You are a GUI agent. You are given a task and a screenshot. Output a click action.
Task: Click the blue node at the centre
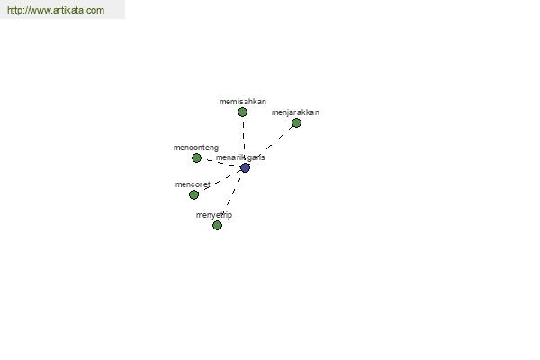click(245, 168)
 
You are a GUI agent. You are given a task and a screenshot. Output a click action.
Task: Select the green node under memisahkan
click(242, 112)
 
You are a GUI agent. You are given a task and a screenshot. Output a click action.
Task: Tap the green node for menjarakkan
click(296, 122)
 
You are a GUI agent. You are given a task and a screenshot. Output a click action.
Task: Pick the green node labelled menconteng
click(196, 157)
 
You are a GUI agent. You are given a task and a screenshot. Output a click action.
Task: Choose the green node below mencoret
click(193, 194)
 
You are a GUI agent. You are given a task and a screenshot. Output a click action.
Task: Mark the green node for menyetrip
click(217, 225)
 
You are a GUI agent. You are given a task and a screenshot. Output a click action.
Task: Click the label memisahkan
click(243, 102)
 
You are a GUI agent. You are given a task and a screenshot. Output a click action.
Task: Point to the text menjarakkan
click(295, 112)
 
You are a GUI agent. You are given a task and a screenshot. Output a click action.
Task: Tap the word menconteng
click(196, 148)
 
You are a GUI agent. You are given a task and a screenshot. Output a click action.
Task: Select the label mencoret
click(193, 184)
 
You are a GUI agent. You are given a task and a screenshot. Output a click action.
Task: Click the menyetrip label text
click(214, 215)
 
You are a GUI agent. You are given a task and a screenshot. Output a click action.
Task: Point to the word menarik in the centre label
click(229, 157)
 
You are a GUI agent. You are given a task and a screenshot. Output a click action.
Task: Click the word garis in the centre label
click(256, 157)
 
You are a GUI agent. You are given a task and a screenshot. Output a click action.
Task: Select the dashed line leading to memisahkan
click(244, 140)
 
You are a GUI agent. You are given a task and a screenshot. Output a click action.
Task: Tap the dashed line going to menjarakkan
click(271, 146)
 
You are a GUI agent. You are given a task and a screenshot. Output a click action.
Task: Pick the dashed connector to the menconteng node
click(220, 163)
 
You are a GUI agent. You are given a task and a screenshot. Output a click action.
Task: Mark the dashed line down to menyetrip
click(231, 196)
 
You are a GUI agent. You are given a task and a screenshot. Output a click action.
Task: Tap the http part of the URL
click(14, 10)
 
